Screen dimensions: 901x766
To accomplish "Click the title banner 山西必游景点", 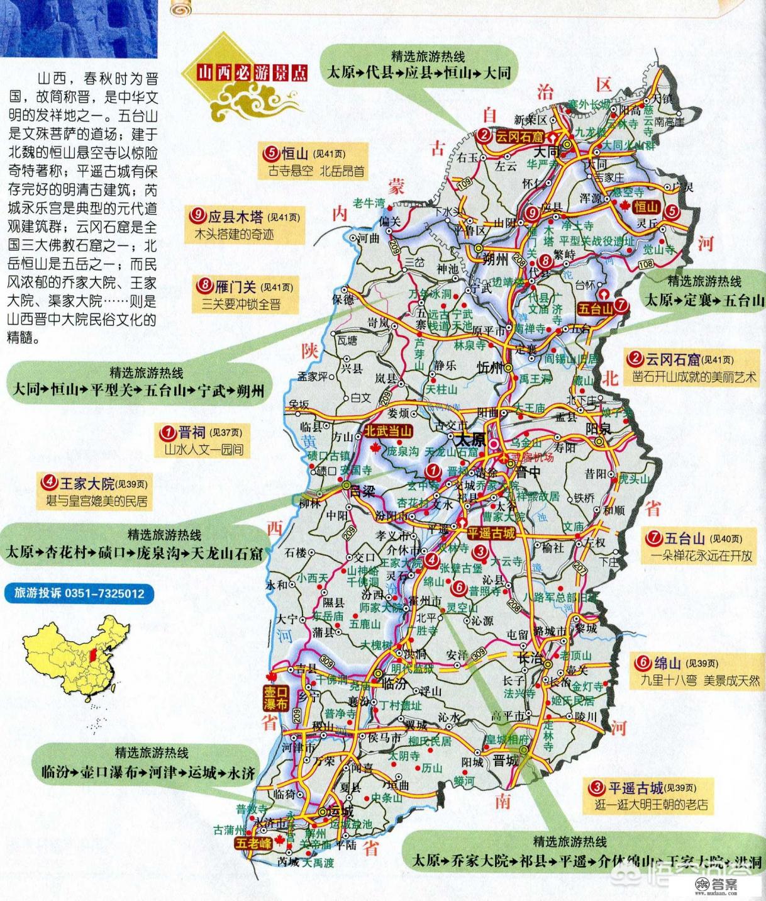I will [253, 72].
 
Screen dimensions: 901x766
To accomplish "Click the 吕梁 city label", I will [364, 490].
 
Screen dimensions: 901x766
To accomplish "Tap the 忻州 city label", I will [491, 367].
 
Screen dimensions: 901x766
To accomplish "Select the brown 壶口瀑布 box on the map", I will [275, 697].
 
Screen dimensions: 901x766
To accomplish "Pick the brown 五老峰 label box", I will [253, 843].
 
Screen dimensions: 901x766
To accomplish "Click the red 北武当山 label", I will [387, 431].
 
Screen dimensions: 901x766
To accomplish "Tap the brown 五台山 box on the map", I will [594, 309].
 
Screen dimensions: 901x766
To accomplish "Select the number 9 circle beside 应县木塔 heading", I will [198, 216].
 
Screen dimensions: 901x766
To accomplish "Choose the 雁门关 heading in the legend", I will [235, 287].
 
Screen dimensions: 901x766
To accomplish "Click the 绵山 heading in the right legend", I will [667, 663].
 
